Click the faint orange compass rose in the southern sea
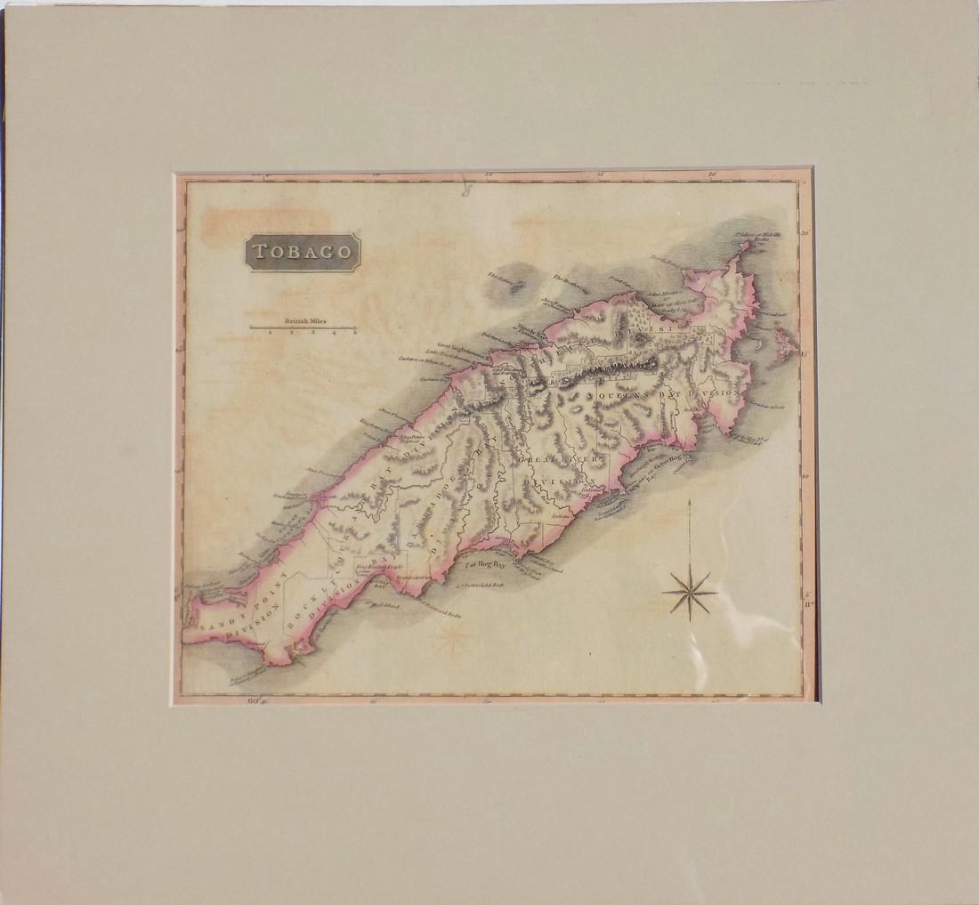pos(453,634)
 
